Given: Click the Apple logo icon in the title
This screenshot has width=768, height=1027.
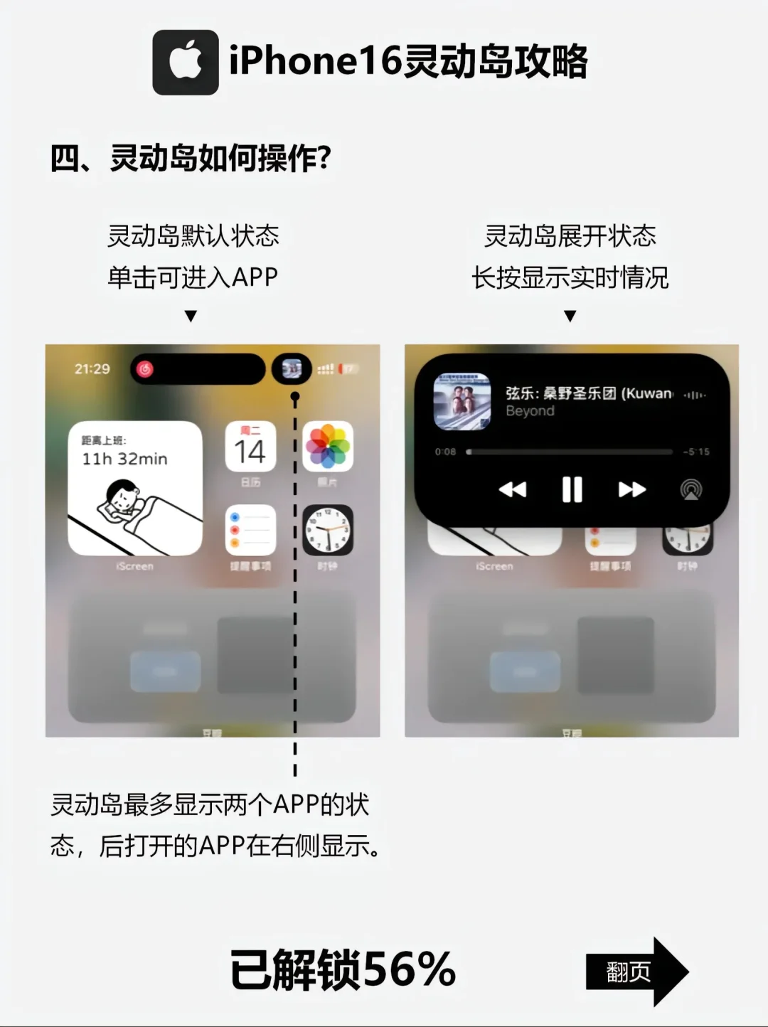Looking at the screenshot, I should coord(185,62).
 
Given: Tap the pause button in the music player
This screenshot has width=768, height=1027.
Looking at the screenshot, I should coord(572,489).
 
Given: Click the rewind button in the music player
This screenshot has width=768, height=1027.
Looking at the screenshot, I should coord(512,489).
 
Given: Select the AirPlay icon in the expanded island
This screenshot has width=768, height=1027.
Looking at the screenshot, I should coord(690,489).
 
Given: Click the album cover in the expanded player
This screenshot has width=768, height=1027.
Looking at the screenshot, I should coord(462,402).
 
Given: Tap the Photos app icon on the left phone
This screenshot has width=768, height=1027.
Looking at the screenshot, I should coord(328,447).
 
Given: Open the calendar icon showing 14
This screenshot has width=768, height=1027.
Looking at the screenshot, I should coord(250,447).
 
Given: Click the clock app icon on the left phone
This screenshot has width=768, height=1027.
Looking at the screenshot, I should coord(328,531).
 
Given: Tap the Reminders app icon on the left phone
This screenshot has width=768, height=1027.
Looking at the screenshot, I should coord(250,531).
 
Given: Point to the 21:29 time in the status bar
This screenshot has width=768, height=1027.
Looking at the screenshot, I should coord(92,368).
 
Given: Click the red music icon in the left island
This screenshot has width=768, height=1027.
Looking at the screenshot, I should coord(145,368).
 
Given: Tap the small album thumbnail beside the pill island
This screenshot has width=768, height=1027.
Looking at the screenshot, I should coord(292,368).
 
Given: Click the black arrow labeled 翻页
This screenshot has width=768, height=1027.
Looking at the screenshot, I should coord(636,972).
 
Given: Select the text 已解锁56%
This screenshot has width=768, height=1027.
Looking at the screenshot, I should coord(343,969).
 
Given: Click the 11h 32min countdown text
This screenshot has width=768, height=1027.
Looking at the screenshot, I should coord(124,459).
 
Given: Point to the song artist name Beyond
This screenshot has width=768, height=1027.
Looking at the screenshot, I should coord(530,411).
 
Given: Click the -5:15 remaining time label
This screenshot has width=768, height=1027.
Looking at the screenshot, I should coord(695,452).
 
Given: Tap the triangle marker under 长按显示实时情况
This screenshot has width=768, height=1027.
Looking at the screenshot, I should coord(570,316).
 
